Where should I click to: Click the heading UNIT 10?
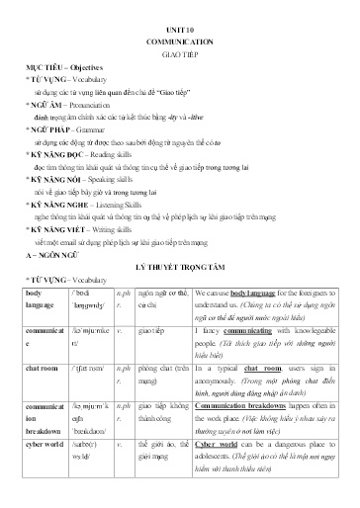(180, 32)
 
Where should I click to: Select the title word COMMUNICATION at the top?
(180, 45)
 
